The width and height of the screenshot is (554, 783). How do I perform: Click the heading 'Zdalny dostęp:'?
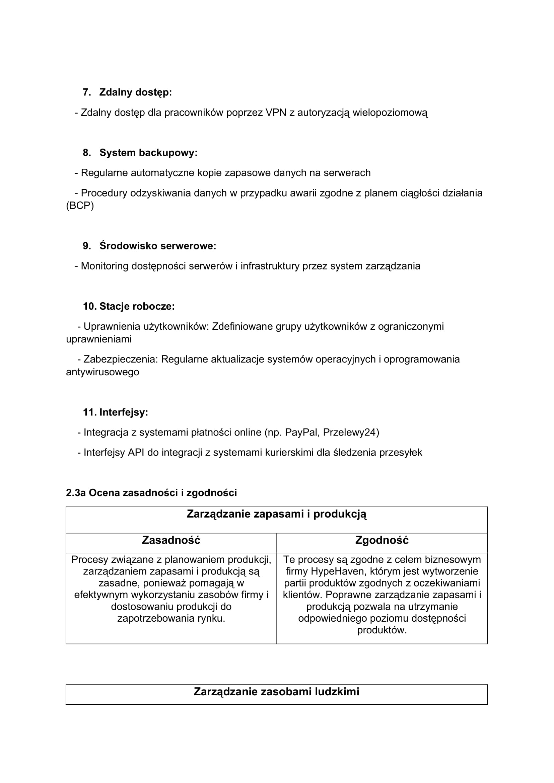click(135, 92)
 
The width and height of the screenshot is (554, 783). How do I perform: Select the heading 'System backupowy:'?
click(148, 153)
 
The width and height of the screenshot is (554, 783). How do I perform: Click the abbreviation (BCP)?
click(80, 206)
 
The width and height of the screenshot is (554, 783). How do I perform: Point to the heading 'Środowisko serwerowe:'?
click(158, 246)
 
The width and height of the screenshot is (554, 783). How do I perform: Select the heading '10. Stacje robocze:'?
click(129, 306)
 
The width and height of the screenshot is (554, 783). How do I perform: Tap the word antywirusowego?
click(102, 372)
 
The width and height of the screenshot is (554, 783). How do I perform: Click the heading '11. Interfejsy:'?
click(115, 412)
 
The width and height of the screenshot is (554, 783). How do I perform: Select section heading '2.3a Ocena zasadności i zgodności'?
click(151, 493)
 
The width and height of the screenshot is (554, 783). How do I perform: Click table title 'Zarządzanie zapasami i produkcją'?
click(276, 514)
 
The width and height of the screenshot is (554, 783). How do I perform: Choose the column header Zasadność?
click(171, 540)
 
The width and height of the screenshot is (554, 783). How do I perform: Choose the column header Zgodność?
click(382, 540)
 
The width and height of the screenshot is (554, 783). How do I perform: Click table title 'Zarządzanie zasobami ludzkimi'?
click(276, 692)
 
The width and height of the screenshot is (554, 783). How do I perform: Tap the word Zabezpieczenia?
click(121, 360)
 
